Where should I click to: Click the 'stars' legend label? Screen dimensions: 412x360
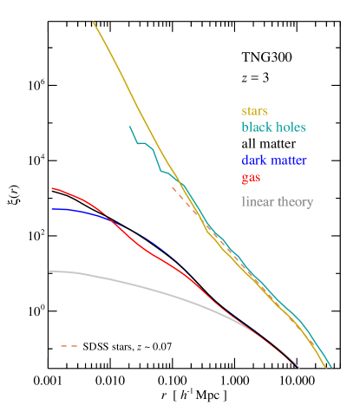(x=254, y=111)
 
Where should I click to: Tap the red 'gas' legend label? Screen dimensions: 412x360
(x=251, y=178)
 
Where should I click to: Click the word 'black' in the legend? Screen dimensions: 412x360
(x=257, y=127)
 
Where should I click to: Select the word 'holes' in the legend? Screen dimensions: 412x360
(x=290, y=127)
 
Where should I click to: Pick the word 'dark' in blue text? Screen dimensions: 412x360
(x=255, y=160)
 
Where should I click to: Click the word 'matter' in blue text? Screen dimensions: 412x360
(x=290, y=160)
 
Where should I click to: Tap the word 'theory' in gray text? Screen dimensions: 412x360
(x=295, y=202)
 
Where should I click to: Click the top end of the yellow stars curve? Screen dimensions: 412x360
(x=93, y=22)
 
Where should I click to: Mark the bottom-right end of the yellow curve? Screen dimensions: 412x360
(x=326, y=368)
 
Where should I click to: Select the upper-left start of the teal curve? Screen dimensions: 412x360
(x=129, y=127)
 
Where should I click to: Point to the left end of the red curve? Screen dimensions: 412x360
(x=51, y=187)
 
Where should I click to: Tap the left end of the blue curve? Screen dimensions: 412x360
(x=51, y=209)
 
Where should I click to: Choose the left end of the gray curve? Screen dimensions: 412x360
(x=49, y=271)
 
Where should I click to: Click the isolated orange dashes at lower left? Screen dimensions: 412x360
(x=69, y=346)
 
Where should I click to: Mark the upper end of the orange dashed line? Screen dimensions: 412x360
(x=172, y=186)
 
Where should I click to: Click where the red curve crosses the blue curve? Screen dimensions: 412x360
(x=111, y=219)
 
